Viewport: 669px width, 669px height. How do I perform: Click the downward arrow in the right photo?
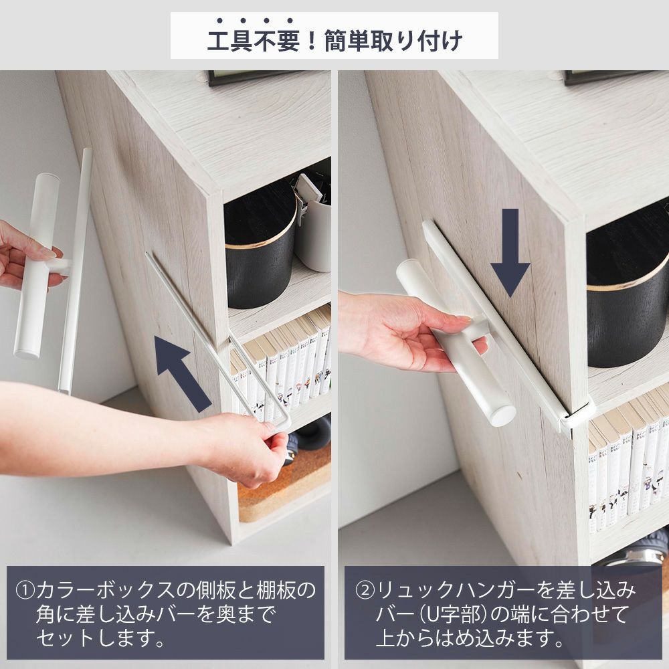pyautogui.click(x=510, y=252)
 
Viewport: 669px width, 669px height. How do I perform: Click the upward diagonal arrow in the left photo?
pyautogui.click(x=182, y=373)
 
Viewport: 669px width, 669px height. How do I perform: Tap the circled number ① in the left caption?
pyautogui.click(x=25, y=590)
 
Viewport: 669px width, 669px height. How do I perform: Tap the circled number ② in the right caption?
pyautogui.click(x=365, y=590)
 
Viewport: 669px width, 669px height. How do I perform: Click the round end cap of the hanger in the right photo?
pyautogui.click(x=502, y=414)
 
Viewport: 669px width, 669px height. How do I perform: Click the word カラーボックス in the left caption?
pyautogui.click(x=106, y=590)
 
